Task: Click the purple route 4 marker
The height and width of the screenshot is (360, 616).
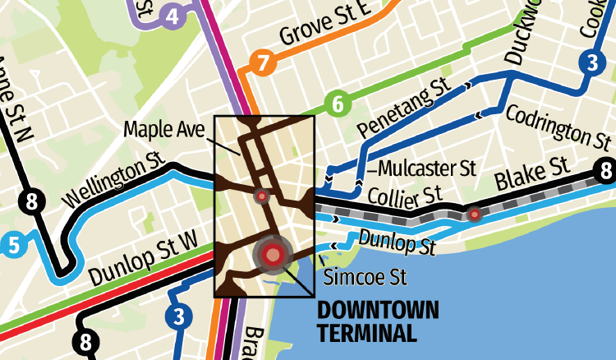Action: tap(171, 16)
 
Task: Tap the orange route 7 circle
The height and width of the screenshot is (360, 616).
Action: tap(262, 62)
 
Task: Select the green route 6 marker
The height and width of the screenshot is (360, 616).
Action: tap(337, 104)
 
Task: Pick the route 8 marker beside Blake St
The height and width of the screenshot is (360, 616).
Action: tap(605, 173)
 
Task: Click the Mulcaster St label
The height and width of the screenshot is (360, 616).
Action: tap(428, 168)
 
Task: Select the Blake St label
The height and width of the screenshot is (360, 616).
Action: tap(531, 178)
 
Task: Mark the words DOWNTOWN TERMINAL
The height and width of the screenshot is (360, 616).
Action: tap(377, 321)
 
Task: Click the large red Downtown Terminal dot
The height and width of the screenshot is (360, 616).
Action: tap(274, 255)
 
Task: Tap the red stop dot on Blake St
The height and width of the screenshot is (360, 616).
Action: tap(474, 215)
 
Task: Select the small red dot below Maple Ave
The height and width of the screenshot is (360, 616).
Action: tap(262, 196)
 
